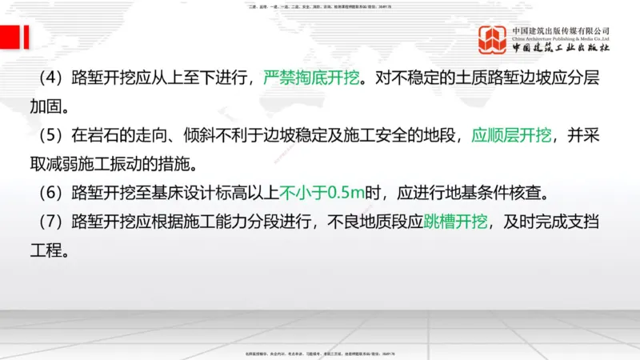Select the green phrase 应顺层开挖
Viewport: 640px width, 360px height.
click(x=511, y=135)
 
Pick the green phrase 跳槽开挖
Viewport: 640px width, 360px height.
click(x=455, y=221)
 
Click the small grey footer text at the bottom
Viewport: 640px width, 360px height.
click(x=320, y=353)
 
